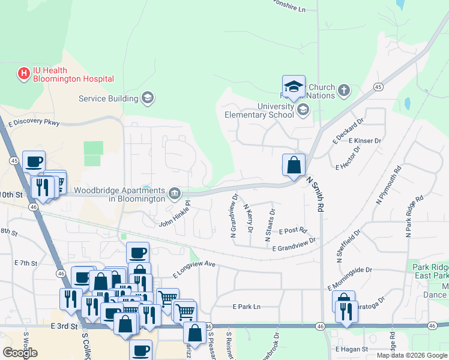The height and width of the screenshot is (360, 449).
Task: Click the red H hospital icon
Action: tap(24, 74)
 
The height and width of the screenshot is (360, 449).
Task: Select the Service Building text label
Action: tap(109, 99)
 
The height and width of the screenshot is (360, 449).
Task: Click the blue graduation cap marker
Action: tap(294, 87)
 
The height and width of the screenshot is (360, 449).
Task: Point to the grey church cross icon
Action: tap(343, 91)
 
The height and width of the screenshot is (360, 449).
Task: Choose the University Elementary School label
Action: tap(259, 110)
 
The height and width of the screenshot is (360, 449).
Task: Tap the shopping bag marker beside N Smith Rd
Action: tap(294, 165)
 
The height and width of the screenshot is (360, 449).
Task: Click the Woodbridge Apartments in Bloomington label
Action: tap(118, 194)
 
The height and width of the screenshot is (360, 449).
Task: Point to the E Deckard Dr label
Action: tap(349, 131)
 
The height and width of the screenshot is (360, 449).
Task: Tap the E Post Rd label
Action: tap(292, 230)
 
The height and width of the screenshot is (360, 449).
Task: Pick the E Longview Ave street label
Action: tap(193, 268)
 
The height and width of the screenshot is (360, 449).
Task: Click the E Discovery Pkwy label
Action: tap(34, 123)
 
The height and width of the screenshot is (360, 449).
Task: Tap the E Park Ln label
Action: tap(247, 307)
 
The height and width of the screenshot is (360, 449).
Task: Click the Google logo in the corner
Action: tap(20, 353)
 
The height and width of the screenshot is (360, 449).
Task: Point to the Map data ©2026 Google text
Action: tap(412, 355)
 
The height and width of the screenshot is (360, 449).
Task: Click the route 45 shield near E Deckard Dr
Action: tap(378, 87)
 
